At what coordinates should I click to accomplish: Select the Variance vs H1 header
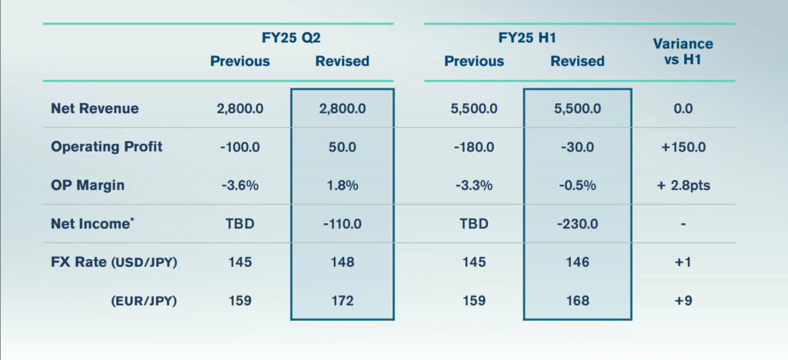point(683,52)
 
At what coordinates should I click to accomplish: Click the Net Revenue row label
point(95,108)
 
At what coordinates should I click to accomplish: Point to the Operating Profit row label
point(107,146)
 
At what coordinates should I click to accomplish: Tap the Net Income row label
point(91,224)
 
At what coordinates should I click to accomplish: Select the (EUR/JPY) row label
point(143,300)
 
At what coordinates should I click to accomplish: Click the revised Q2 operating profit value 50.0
point(342,146)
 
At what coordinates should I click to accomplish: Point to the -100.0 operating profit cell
point(240,146)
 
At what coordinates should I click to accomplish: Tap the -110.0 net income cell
point(342,224)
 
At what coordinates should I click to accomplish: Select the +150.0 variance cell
point(683,146)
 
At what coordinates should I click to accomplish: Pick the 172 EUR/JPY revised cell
point(342,300)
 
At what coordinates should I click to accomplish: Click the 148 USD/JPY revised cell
point(342,262)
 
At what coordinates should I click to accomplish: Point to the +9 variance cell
point(683,300)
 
